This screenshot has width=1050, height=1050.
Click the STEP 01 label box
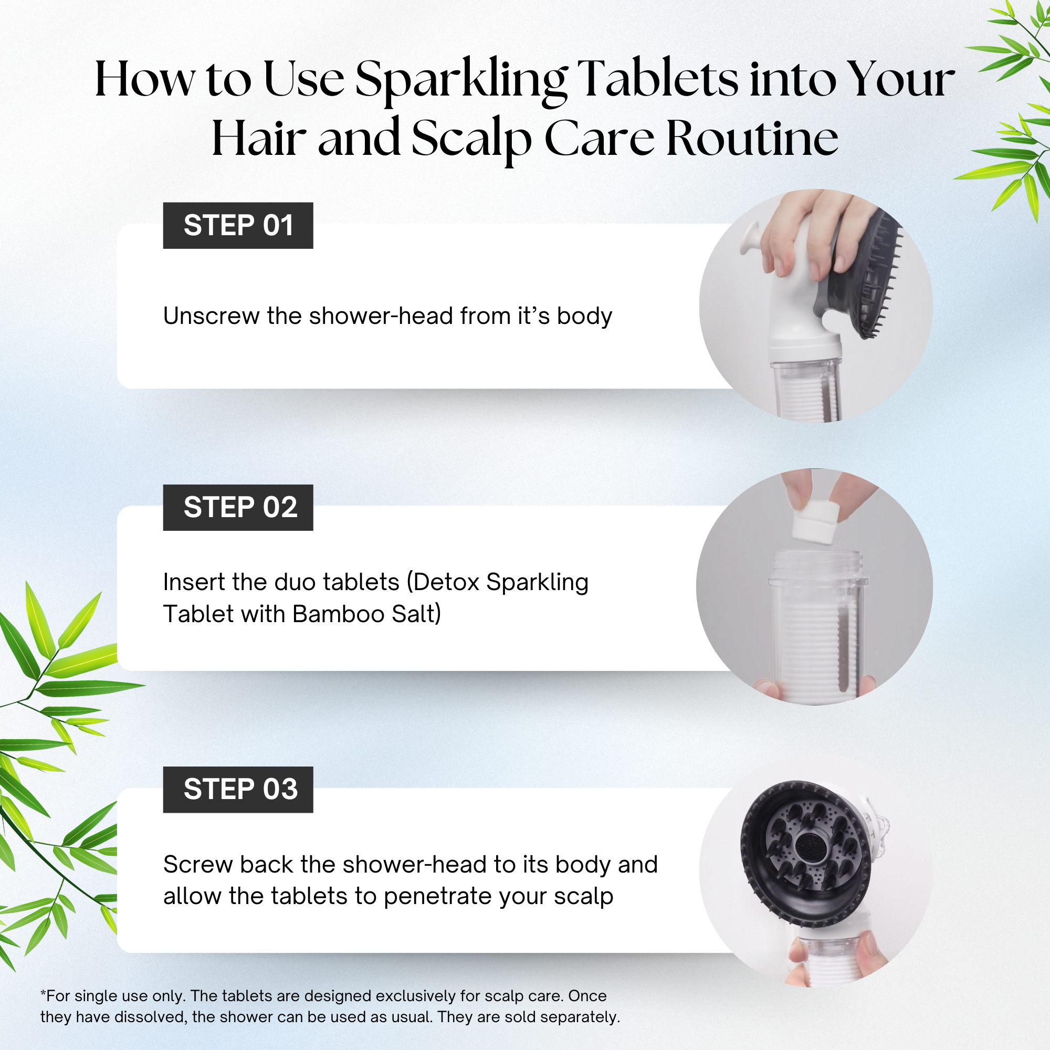point(238,226)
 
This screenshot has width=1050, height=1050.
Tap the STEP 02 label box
point(238,507)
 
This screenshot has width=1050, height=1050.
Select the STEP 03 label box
point(238,789)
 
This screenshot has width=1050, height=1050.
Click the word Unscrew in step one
point(212,316)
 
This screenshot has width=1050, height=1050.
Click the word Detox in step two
point(445,582)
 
